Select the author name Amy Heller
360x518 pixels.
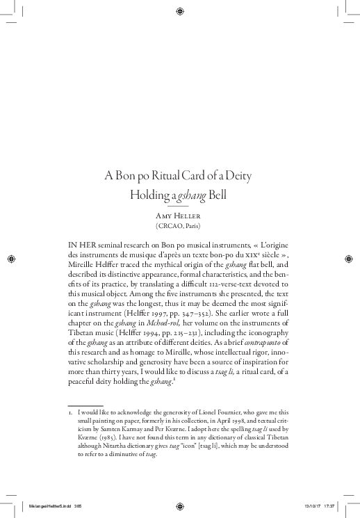point(179,216)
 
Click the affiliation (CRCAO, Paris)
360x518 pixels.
point(179,227)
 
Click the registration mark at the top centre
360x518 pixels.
point(180,10)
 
